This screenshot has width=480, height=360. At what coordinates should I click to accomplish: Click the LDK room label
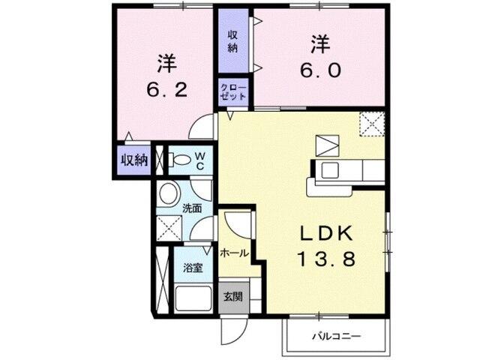(328, 233)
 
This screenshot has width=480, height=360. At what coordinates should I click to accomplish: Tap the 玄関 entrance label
(232, 296)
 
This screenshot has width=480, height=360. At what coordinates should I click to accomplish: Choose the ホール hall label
(234, 254)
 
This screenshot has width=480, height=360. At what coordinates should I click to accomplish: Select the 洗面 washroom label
(191, 208)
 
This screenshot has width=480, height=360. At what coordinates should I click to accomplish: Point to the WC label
(200, 159)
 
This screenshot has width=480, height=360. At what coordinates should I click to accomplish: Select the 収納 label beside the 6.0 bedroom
(233, 41)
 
